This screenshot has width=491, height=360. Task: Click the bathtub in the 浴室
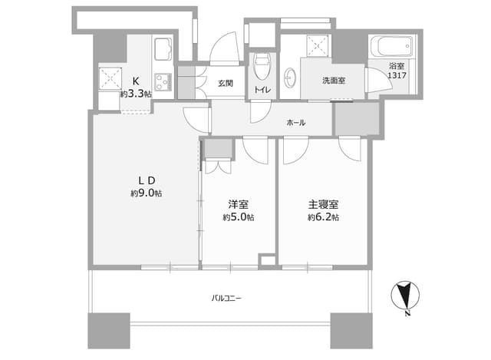click(391, 46)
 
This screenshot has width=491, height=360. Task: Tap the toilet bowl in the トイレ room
click(262, 67)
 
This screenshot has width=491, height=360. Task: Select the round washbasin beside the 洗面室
click(290, 77)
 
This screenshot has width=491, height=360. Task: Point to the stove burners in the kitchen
click(163, 82)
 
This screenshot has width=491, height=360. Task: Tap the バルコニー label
click(226, 298)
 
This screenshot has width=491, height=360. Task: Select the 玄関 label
click(226, 84)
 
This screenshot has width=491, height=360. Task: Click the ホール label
click(296, 123)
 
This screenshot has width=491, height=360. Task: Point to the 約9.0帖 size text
click(147, 193)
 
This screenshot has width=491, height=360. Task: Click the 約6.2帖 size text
click(323, 217)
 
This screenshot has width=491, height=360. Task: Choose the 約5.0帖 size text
click(239, 217)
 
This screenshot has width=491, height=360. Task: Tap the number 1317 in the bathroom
click(397, 75)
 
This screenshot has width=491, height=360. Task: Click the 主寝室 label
click(323, 205)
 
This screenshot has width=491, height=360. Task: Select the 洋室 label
click(239, 205)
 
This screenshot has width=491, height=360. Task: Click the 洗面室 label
click(334, 81)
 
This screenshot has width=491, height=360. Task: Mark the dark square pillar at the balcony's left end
click(109, 331)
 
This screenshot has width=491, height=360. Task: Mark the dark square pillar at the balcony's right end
click(351, 331)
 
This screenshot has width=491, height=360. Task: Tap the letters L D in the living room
click(147, 180)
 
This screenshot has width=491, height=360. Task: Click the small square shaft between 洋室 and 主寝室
click(267, 261)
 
